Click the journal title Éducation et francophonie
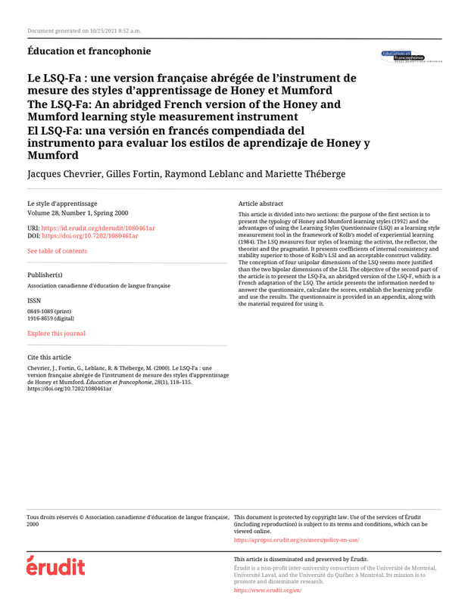[88, 51]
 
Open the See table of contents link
[57, 252]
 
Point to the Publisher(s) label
[45, 275]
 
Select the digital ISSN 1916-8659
[51, 318]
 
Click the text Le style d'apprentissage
[61, 204]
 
